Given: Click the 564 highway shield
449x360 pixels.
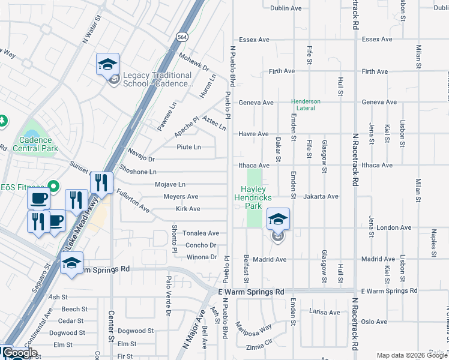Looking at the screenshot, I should coord(182,37).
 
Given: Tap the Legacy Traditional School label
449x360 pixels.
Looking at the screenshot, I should coord(157,80).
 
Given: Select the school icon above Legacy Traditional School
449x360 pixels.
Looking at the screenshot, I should coord(108,64).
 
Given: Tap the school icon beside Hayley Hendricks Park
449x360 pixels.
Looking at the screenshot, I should coord(278,220).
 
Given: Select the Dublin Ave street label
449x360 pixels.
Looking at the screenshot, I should coord(286,8).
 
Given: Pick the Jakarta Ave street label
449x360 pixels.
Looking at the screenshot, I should coord(321,196).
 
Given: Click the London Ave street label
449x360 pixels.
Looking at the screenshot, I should coord(394,228).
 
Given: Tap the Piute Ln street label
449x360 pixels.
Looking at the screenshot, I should coord(188,147).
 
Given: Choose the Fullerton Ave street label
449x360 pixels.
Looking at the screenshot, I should coord(133,202).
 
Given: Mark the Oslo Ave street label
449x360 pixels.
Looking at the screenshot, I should coord(373,322).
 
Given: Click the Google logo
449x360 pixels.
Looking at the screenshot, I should coord(20,353).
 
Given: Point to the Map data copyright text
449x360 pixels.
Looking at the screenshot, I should coord(412,355).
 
